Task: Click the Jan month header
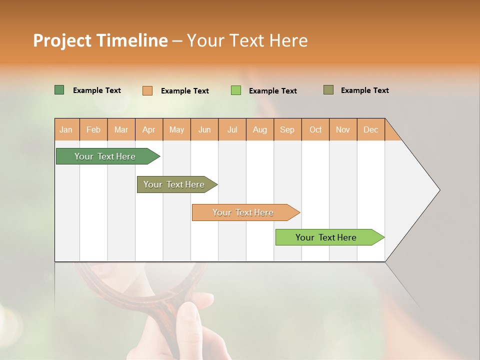point(66,129)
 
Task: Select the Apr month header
point(149,129)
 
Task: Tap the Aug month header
point(260,129)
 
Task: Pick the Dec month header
point(370,129)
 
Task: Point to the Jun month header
point(204,129)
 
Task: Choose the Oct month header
point(315,129)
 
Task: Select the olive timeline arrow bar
point(175,184)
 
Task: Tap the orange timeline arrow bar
point(244,212)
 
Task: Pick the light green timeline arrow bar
point(327,237)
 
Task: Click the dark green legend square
point(59,90)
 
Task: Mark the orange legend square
point(147,90)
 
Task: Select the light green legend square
point(236,90)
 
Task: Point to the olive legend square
point(328,90)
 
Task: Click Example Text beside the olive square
point(364,90)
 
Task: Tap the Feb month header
point(93,129)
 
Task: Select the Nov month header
point(343,129)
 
